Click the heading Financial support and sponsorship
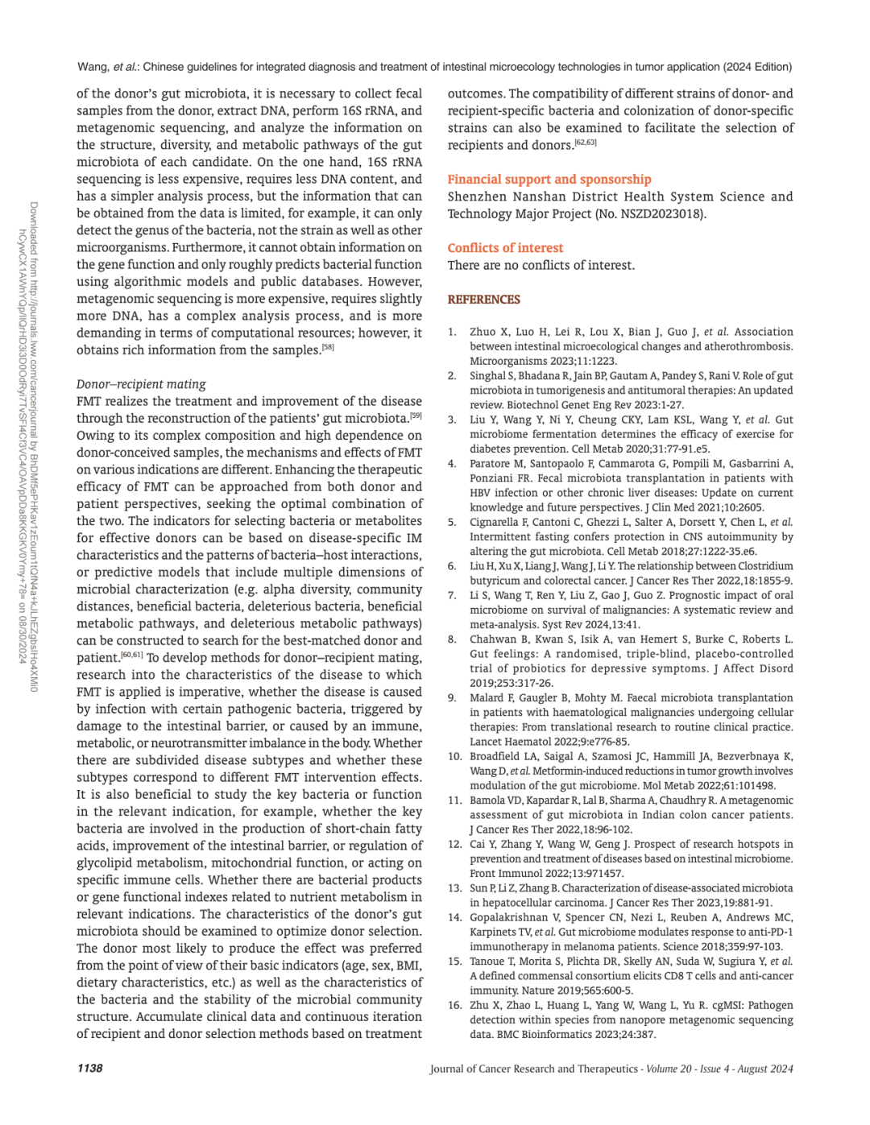pyautogui.click(x=549, y=180)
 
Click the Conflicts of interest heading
pyautogui.click(x=505, y=248)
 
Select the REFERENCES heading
pyautogui.click(x=484, y=300)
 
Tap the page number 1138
pyautogui.click(x=89, y=1068)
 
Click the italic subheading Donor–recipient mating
pyautogui.click(x=141, y=384)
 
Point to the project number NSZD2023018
pyautogui.click(x=655, y=214)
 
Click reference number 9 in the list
pyautogui.click(x=453, y=698)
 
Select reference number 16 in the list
pyautogui.click(x=454, y=1005)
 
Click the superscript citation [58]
pyautogui.click(x=328, y=347)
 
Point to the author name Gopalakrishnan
pyautogui.click(x=511, y=917)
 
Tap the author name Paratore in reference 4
pyautogui.click(x=493, y=464)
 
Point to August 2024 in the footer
pyautogui.click(x=765, y=1069)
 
